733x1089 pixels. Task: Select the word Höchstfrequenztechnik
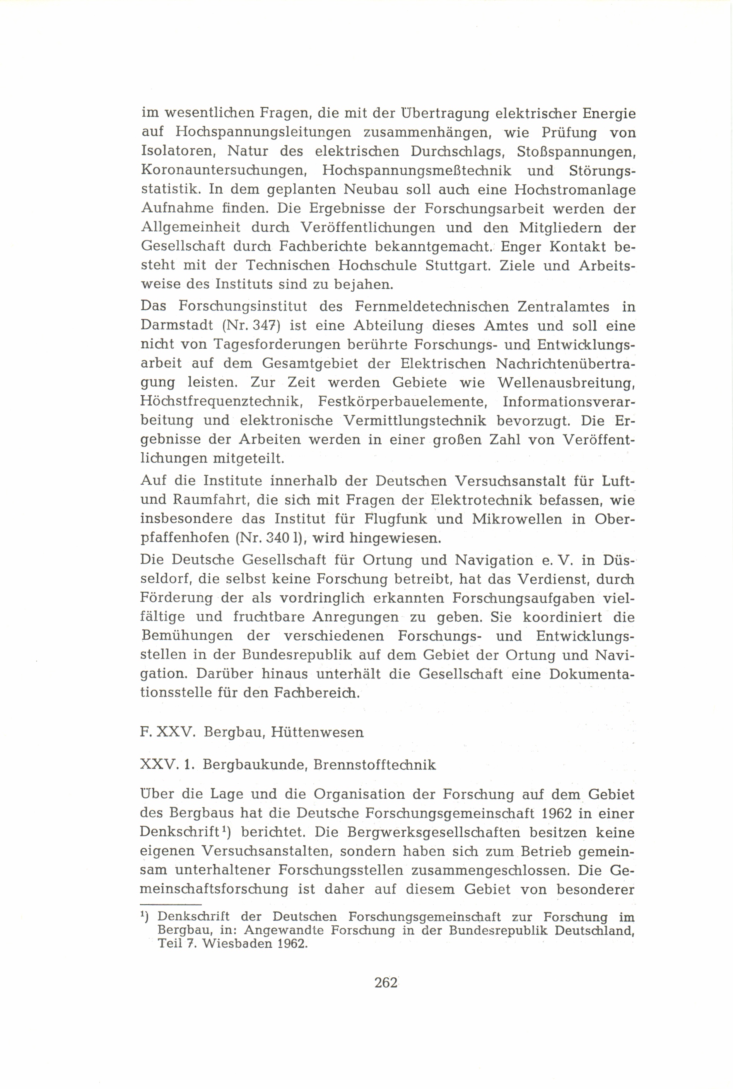(x=220, y=402)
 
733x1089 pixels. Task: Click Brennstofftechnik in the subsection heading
(x=374, y=765)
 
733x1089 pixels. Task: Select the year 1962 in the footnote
(x=292, y=943)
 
